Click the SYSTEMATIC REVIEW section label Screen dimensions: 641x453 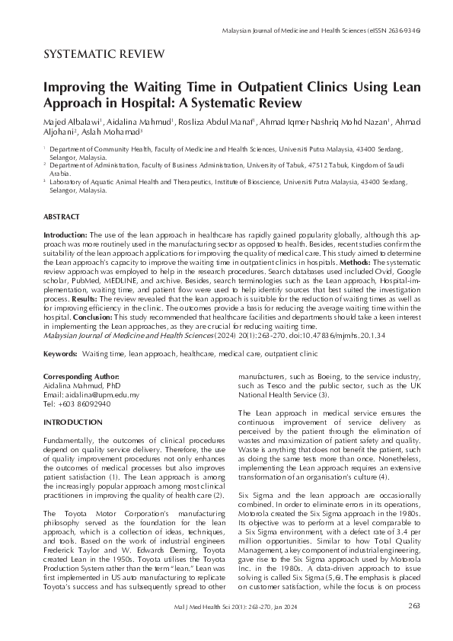click(x=104, y=54)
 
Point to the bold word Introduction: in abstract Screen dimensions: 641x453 click(x=66, y=235)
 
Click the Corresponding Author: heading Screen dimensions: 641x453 click(x=81, y=376)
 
